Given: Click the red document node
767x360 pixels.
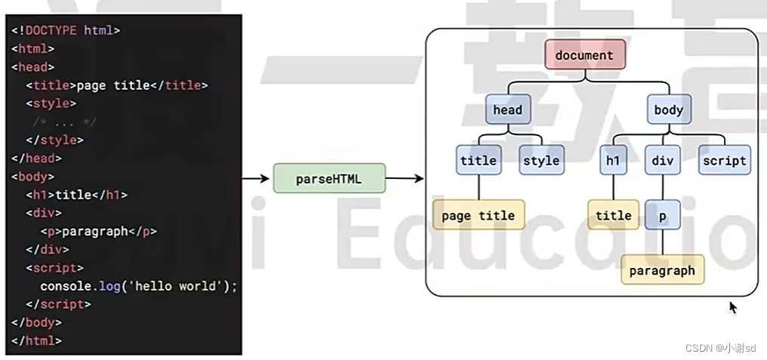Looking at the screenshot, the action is [x=584, y=55].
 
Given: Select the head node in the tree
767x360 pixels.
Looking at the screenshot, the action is [x=507, y=110].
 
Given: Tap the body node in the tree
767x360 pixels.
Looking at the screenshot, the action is [x=668, y=110].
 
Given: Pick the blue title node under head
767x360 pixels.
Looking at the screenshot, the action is [x=478, y=160].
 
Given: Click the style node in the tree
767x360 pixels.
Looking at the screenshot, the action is [x=541, y=160].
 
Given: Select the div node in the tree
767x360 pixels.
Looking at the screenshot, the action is [x=662, y=160].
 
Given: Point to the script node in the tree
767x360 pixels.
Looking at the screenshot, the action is [x=724, y=160].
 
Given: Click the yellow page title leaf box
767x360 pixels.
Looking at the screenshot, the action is [x=478, y=216].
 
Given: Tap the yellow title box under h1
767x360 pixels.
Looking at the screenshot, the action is [x=613, y=216].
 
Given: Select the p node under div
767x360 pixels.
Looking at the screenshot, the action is [x=662, y=216].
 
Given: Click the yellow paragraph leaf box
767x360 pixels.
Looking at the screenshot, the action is [x=662, y=270].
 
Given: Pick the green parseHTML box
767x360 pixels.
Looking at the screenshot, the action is [x=329, y=179].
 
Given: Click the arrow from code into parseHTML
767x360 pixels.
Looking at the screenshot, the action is [x=257, y=179].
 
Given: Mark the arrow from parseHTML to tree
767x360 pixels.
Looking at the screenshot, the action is [x=405, y=179].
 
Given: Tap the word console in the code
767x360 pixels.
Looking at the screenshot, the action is [x=66, y=286].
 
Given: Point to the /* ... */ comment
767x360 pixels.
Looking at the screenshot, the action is [x=64, y=122].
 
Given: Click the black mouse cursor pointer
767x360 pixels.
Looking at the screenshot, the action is [x=732, y=306].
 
